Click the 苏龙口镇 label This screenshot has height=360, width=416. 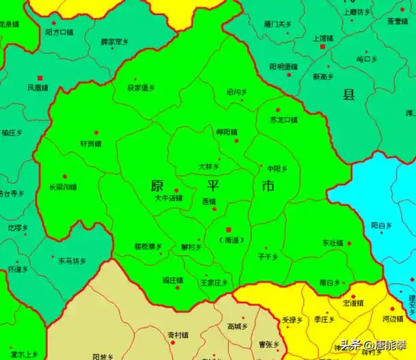pyautogui.click(x=284, y=120)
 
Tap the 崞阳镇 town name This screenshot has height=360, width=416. pyautogui.click(x=226, y=132)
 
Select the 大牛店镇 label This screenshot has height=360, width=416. pyautogui.click(x=169, y=198)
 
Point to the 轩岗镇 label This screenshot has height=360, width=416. pyautogui.click(x=90, y=144)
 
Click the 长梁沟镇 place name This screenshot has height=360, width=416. pyautogui.click(x=63, y=187)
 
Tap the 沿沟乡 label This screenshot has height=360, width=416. pyautogui.click(x=237, y=92)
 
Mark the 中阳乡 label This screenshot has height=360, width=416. pyautogui.click(x=277, y=168)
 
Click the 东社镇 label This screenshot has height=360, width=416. pyautogui.click(x=333, y=243)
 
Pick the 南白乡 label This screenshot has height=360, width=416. pyautogui.click(x=330, y=282)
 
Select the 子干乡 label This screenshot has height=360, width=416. pyautogui.click(x=268, y=257)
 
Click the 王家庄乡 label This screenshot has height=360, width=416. pyautogui.click(x=213, y=282)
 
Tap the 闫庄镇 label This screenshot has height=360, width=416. pyautogui.click(x=172, y=280)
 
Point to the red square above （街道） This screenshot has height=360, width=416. pyautogui.click(x=229, y=229)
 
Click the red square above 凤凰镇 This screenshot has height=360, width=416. pyautogui.click(x=40, y=77)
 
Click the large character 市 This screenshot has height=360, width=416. pyautogui.click(x=268, y=186)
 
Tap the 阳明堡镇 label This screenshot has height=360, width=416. pyautogui.click(x=283, y=66)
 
